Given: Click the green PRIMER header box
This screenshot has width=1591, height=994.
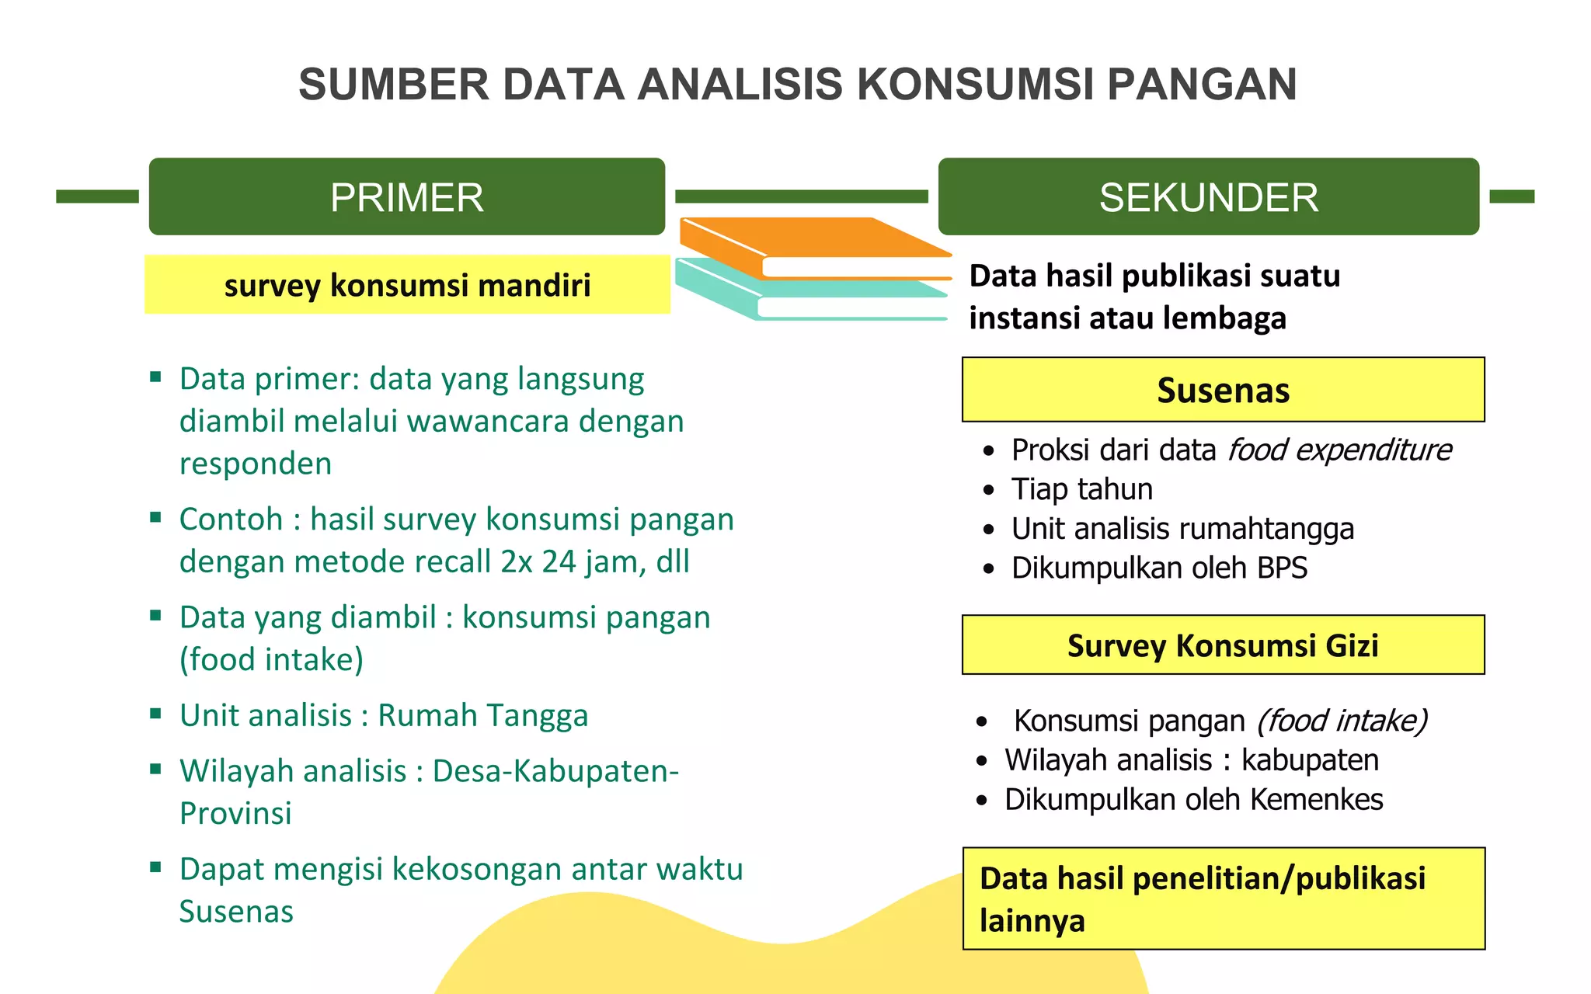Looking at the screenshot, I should click(406, 196).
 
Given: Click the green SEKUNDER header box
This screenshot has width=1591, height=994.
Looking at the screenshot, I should click(1208, 196).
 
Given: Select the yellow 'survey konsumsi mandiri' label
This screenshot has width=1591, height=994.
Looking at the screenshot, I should click(407, 285).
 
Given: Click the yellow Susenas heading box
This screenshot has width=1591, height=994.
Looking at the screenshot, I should click(1223, 390).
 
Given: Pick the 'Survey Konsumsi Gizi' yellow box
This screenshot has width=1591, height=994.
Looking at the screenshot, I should click(1223, 645).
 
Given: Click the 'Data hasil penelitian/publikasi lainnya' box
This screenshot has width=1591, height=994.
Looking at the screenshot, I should click(1223, 898).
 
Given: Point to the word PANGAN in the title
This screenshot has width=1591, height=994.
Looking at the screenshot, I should click(1201, 84).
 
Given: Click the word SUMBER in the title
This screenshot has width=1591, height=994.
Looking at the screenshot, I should click(394, 84).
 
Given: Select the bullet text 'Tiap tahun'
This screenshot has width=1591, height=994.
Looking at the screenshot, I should click(1081, 489).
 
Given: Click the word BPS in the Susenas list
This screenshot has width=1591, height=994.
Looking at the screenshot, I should click(1282, 568).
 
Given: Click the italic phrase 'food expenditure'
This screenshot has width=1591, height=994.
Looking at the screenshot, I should click(1339, 450).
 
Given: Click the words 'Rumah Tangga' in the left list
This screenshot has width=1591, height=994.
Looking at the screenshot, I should click(482, 715).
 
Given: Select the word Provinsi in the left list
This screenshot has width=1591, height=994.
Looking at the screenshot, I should click(235, 813).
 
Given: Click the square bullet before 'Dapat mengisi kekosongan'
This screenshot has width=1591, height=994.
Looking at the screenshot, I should click(155, 867).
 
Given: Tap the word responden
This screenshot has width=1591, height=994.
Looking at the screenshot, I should click(256, 464).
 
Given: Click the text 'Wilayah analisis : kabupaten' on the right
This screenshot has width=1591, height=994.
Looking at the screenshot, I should click(1192, 760).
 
